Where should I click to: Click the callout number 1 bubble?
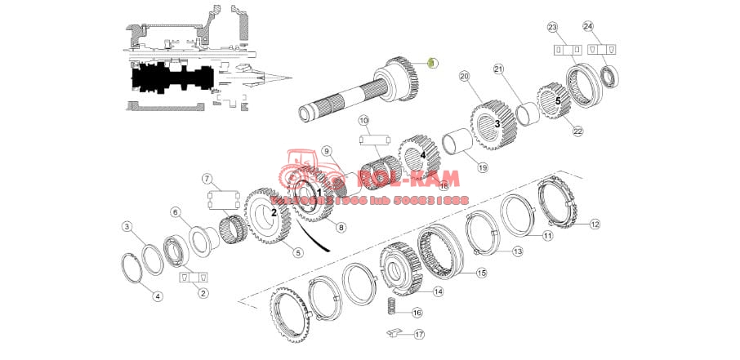434,63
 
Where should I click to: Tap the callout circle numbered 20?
465,77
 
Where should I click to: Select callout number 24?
587,27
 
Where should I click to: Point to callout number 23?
552,28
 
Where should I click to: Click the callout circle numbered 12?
595,224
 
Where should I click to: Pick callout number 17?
419,334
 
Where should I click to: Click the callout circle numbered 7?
207,179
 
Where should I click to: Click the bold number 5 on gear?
558,100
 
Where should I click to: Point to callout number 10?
363,121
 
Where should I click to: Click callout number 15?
481,273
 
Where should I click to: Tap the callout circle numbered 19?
483,167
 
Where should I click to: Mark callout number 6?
175,212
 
